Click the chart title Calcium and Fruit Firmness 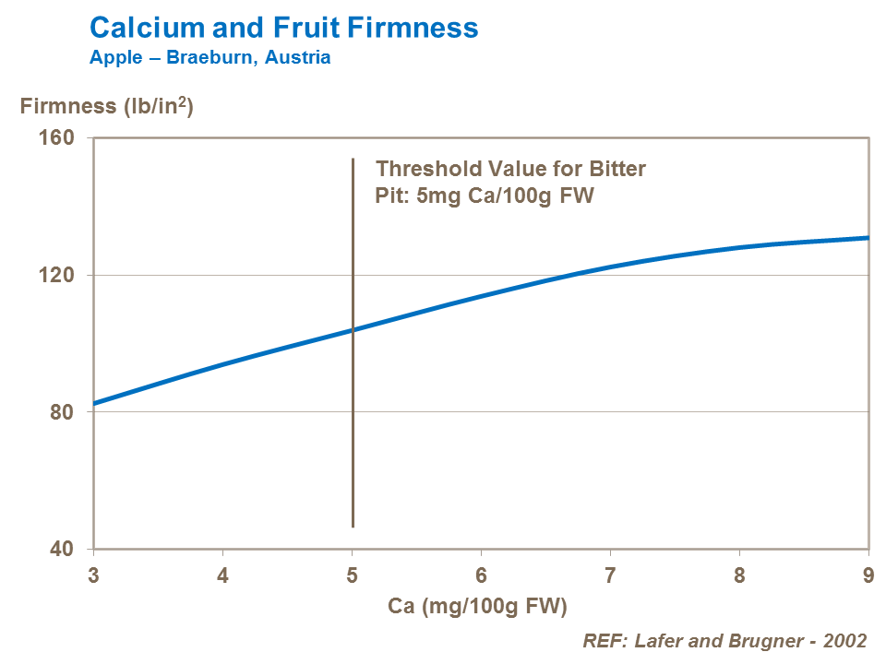pyautogui.click(x=283, y=28)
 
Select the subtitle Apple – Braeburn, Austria pyautogui.click(x=210, y=57)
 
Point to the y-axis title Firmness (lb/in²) pyautogui.click(x=106, y=106)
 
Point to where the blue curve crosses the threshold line pyautogui.click(x=353, y=329)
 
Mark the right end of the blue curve pyautogui.click(x=868, y=238)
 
